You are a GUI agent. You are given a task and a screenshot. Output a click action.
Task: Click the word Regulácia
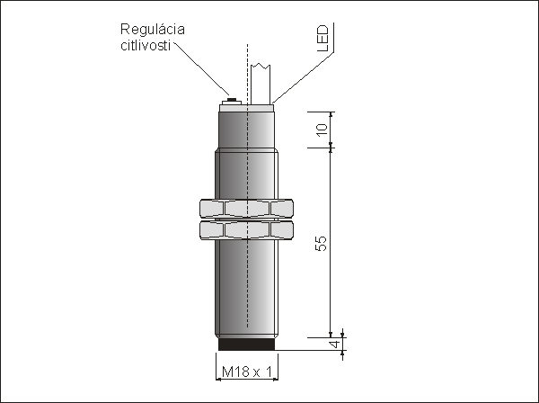tap(153, 31)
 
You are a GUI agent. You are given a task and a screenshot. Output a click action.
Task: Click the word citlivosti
tap(146, 45)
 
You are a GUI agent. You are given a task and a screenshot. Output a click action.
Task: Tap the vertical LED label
tap(323, 38)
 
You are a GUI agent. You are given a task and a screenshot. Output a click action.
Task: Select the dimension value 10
tap(323, 130)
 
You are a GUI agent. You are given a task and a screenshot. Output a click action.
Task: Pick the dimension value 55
tap(321, 243)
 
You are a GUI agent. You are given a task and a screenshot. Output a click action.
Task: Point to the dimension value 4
tap(335, 344)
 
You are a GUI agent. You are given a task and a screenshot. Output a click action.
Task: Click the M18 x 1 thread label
tap(247, 372)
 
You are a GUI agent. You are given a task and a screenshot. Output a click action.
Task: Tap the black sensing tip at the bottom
tap(246, 345)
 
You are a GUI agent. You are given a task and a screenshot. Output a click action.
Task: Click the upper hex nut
tap(246, 209)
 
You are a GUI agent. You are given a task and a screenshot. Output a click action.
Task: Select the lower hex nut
tap(246, 230)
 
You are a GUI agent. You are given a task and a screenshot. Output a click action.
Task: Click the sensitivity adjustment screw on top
tap(232, 102)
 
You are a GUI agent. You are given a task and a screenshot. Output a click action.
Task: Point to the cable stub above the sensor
tap(261, 84)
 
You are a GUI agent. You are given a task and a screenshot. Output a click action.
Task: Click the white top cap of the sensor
tap(246, 108)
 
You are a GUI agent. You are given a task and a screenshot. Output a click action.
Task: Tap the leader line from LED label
tap(304, 77)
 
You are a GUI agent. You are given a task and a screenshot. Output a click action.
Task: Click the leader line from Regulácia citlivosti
tap(202, 69)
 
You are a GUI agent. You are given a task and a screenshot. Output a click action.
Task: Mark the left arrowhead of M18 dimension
tap(218, 380)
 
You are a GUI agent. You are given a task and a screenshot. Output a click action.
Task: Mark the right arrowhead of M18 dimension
tap(276, 380)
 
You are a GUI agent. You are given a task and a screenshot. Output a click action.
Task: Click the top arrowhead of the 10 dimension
tap(331, 114)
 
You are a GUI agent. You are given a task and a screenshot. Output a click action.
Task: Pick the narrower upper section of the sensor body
tap(246, 130)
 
